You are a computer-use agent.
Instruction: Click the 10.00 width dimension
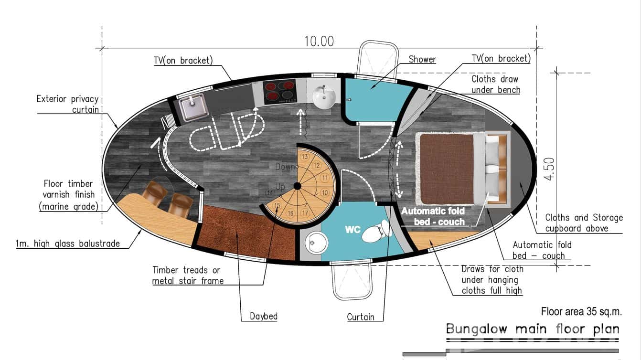tap(319, 42)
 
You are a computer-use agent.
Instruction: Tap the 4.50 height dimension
tap(549, 169)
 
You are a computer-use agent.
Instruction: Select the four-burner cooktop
tap(280, 92)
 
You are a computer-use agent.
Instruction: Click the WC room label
tap(353, 229)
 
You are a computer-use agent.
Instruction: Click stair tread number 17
tap(305, 213)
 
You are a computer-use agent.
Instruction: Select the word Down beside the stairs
tap(285, 167)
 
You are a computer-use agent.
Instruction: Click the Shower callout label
tap(422, 59)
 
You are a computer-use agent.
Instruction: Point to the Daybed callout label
tap(263, 316)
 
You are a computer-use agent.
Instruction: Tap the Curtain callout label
tap(361, 317)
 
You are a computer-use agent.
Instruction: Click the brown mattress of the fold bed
tap(447, 169)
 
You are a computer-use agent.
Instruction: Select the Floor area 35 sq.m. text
tap(581, 311)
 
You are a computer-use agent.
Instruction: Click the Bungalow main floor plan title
tap(533, 329)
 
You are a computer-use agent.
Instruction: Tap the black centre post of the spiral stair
tap(297, 186)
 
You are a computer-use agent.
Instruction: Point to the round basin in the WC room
tap(316, 243)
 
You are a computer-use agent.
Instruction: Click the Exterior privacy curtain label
tap(67, 104)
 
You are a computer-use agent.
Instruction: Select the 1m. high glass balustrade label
tap(67, 244)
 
